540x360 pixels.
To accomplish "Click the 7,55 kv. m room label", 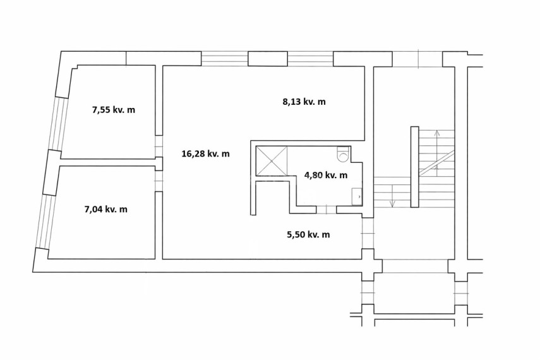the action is click(x=113, y=110).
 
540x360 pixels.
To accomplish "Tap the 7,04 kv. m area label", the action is click(x=105, y=209).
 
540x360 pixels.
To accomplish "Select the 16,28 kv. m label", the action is click(x=205, y=153).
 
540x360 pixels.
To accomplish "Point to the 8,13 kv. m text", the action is click(x=304, y=102).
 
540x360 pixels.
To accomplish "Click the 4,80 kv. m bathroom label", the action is click(x=326, y=175).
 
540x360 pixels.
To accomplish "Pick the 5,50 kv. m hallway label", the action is click(x=308, y=234).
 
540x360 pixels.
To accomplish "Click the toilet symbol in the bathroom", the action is click(x=343, y=154).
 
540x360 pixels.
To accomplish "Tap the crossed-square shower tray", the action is click(x=272, y=160).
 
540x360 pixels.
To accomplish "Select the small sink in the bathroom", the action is click(x=357, y=196).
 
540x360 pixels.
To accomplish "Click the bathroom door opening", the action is click(x=326, y=209).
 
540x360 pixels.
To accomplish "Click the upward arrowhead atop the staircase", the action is click(x=436, y=133).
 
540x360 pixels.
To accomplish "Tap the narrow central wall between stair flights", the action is click(x=415, y=167).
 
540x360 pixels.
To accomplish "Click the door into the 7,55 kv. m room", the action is click(x=159, y=147).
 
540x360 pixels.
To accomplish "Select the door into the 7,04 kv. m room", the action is click(x=159, y=181).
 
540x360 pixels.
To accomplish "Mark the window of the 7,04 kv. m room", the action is click(x=47, y=221).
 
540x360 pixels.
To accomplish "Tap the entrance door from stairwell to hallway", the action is click(x=368, y=233).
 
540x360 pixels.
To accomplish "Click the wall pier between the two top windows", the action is click(x=268, y=59).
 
